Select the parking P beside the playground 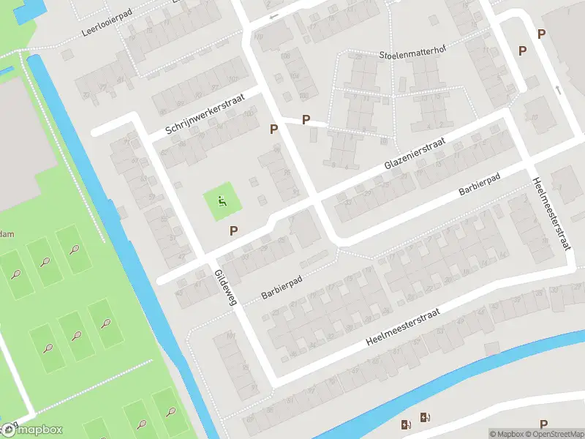click(234, 231)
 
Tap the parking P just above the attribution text click(543, 424)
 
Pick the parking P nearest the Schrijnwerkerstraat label click(274, 129)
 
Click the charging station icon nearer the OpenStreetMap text click(425, 419)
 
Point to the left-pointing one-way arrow click(273, 16)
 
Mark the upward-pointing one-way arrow click(558, 90)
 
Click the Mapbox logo click(32, 430)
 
